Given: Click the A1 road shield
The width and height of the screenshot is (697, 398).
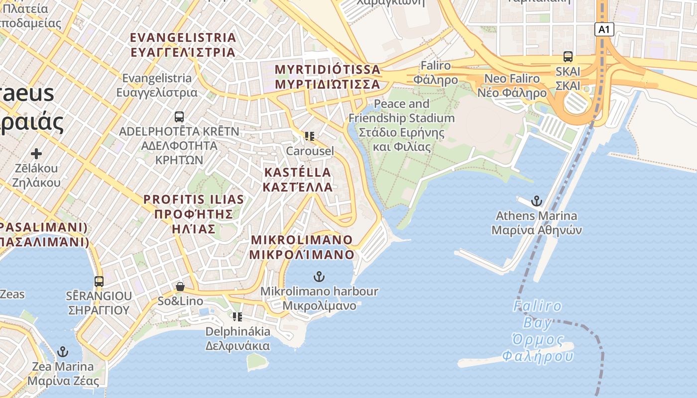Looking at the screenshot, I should [x=603, y=29].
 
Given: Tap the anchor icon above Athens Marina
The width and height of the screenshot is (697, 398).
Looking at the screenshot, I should [x=536, y=201].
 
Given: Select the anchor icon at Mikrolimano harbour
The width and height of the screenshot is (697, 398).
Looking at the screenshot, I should [x=319, y=276].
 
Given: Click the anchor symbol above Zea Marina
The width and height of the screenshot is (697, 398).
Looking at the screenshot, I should [x=62, y=352].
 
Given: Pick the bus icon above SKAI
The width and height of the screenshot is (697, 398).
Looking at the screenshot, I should [x=568, y=57].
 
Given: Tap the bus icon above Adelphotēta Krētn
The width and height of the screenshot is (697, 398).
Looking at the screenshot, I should [x=179, y=117].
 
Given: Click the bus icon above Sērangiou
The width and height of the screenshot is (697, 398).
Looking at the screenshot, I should [x=99, y=281].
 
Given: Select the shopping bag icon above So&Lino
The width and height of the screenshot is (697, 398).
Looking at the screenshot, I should [x=180, y=287].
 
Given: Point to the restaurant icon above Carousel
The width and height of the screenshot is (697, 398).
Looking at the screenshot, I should [x=310, y=136].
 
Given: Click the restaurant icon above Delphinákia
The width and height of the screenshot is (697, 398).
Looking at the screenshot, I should [x=237, y=316].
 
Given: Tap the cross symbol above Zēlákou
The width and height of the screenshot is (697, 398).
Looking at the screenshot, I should [x=36, y=154].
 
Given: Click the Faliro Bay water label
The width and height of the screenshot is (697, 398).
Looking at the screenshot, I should [x=538, y=331].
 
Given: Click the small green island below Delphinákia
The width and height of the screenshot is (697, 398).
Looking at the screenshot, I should [x=257, y=361].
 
